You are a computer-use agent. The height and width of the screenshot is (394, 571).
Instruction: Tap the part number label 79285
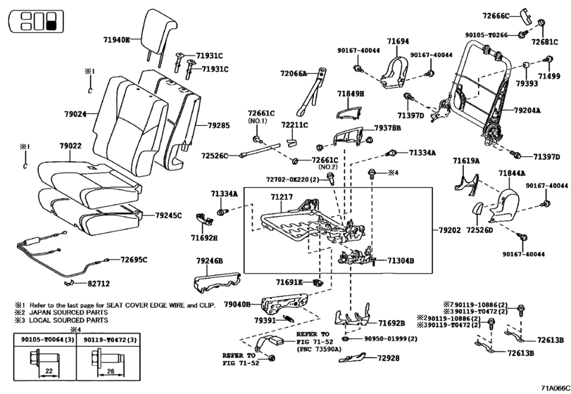[x=218, y=125]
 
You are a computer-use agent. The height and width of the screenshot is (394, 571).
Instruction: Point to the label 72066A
[x=294, y=73]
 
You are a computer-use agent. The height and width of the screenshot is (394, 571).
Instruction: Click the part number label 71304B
[x=401, y=260]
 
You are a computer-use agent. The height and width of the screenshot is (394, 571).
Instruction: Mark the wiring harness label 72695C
[x=134, y=260]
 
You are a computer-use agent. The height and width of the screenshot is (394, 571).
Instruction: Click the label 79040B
[x=237, y=304]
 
